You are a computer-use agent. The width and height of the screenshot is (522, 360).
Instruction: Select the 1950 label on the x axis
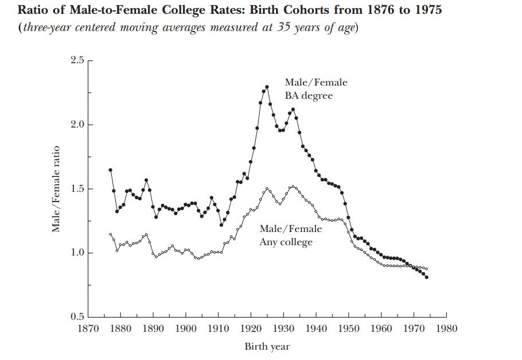tap(349, 329)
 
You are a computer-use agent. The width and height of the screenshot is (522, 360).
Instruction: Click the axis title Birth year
tap(267, 346)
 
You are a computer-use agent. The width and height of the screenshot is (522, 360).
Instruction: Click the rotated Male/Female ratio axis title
tap(56, 189)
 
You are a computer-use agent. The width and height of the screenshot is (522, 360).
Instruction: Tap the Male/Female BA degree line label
tap(315, 89)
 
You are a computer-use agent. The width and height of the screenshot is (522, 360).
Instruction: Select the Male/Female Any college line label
tap(290, 235)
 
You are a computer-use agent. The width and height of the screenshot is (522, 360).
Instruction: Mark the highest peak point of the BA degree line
tap(267, 87)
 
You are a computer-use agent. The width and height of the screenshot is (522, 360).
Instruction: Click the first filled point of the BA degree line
tap(110, 170)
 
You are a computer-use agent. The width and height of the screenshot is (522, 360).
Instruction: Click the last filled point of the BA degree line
tap(427, 277)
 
